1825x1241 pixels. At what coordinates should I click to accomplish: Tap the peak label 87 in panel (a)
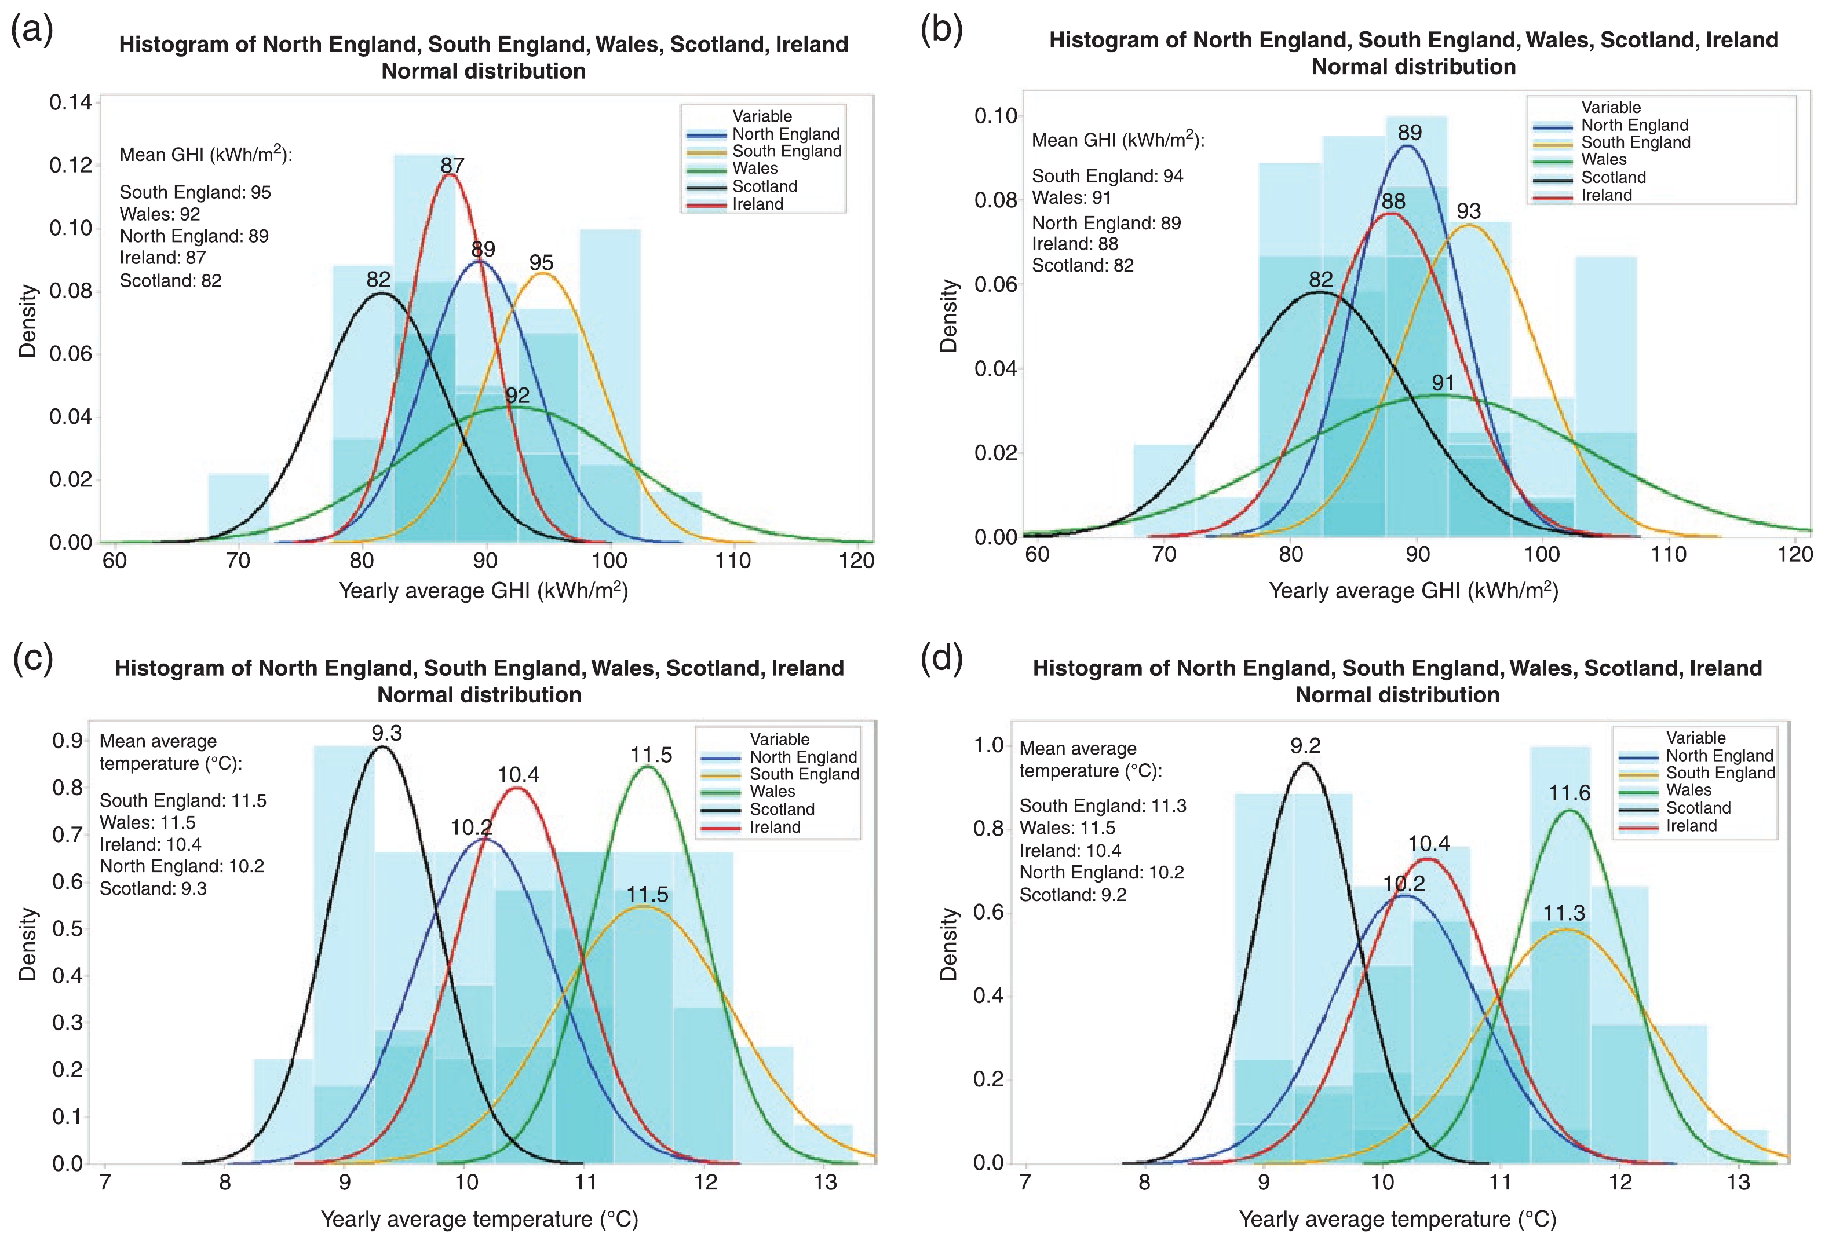452,165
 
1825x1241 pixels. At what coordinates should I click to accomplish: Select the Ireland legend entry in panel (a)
757,204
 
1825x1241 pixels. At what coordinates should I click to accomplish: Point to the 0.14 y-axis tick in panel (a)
70,103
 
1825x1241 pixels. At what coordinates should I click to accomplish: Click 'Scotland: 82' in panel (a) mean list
170,280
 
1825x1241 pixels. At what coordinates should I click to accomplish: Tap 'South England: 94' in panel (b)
1107,176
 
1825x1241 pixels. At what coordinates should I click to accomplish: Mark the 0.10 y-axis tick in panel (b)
996,116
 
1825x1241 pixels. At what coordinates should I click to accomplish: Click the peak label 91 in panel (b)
1443,382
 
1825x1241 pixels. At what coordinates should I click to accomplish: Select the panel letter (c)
33,658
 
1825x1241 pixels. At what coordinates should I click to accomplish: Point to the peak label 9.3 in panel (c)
386,733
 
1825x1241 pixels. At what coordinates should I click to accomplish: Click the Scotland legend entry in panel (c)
782,809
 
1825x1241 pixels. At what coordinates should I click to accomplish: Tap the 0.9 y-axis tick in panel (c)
68,741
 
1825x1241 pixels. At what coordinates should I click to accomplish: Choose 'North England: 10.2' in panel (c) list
181,866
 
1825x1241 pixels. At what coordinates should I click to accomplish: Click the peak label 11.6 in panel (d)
1569,793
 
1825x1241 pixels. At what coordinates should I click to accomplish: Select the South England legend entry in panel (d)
1720,773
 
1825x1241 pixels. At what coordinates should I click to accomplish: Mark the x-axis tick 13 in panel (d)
1739,1182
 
